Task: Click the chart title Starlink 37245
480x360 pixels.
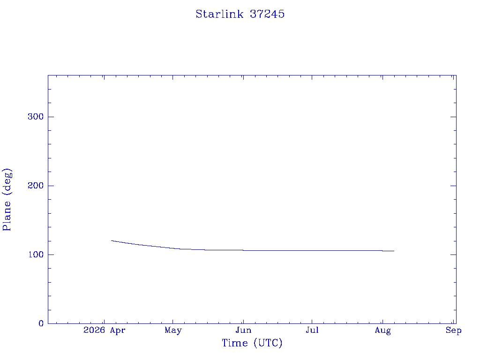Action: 240,14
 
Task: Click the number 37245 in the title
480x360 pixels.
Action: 267,14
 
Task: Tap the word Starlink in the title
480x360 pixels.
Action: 219,14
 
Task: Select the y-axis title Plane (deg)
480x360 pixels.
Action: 7,199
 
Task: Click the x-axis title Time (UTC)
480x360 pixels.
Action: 252,343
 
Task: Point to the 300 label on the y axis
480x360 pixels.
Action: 36,117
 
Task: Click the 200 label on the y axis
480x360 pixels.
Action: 36,186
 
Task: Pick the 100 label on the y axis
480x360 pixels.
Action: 36,255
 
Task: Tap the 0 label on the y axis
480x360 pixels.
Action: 41,323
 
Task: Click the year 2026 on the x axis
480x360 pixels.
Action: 94,330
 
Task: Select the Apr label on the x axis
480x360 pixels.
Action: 118,330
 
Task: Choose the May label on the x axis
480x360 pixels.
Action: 173,330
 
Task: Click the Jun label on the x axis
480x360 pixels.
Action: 243,330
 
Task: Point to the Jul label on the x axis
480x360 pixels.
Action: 312,330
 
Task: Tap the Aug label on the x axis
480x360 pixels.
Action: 382,330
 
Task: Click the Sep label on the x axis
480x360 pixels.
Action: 453,330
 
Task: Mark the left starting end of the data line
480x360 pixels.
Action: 112,240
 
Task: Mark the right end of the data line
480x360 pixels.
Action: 394,251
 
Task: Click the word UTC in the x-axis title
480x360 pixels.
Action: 268,343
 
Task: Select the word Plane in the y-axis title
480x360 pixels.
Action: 7,216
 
